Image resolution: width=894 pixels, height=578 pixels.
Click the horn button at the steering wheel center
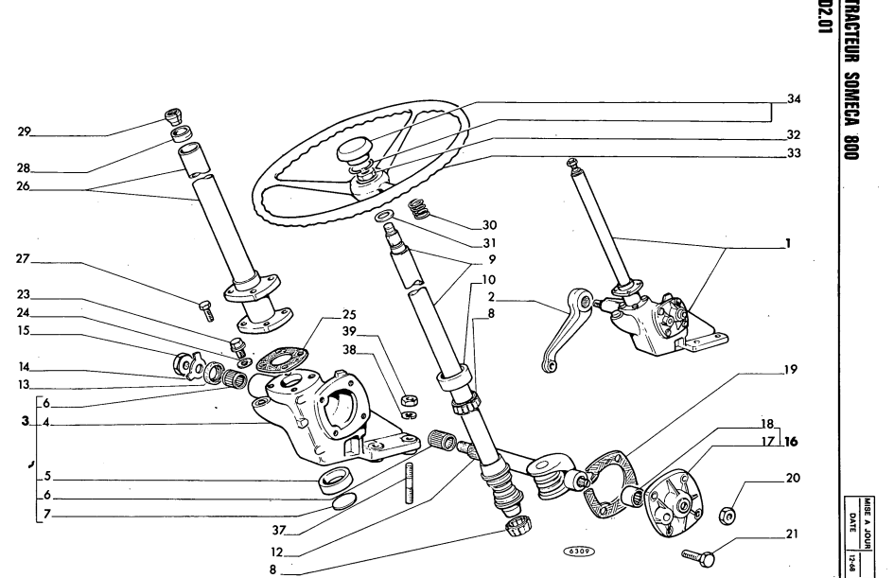point(361,149)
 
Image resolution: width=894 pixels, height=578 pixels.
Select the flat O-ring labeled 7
point(346,500)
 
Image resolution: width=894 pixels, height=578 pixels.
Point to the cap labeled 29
point(170,118)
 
